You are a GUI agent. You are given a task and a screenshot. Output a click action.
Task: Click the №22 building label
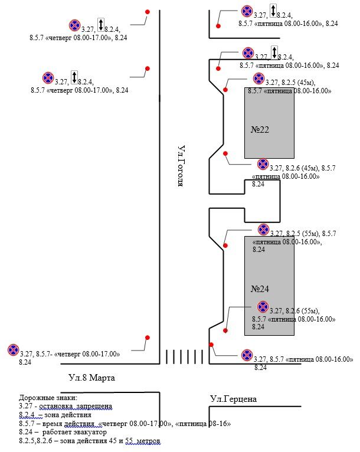point(260,130)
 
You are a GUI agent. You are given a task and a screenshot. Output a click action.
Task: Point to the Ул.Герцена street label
point(233,399)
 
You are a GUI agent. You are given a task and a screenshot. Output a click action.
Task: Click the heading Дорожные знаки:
point(44,398)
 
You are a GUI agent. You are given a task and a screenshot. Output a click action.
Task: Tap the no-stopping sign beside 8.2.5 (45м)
point(258,79)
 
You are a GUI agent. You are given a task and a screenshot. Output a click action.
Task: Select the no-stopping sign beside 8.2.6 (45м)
point(263,164)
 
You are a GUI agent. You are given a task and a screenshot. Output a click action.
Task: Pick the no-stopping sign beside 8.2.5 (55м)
point(263,229)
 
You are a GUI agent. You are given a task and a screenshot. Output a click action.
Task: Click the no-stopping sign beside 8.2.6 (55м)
point(263,307)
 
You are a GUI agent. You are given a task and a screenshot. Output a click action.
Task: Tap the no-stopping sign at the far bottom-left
point(13,350)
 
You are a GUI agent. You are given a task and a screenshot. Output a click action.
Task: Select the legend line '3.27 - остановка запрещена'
point(65,407)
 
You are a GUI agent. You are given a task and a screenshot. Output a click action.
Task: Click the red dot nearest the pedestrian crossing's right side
point(211,345)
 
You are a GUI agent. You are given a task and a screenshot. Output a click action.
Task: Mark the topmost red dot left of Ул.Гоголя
point(148,12)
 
